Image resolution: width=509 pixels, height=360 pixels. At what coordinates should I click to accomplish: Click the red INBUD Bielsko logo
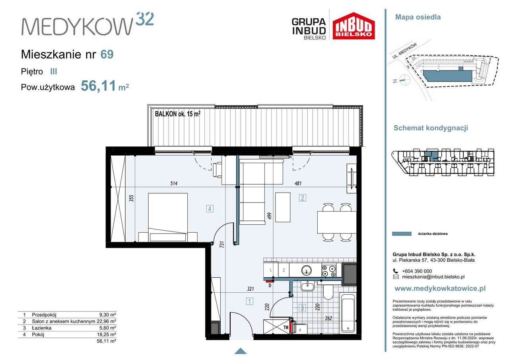(x=354, y=26)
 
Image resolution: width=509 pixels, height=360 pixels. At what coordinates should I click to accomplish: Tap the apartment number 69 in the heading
(x=107, y=54)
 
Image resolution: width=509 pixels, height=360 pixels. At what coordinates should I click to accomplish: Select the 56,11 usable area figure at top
(x=98, y=86)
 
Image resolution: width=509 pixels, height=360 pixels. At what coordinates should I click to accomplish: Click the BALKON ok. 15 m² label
(x=177, y=114)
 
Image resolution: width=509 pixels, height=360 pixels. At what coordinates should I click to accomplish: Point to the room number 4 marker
(x=210, y=208)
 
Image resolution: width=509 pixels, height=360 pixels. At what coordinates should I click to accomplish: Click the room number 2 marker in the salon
(x=303, y=198)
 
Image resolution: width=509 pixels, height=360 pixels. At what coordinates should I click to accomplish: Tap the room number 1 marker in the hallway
(x=249, y=302)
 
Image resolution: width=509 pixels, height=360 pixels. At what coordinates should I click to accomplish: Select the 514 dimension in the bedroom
(x=174, y=183)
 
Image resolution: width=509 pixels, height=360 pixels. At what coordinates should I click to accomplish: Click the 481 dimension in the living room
(x=298, y=183)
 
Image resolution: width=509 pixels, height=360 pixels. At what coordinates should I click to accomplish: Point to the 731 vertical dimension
(x=222, y=244)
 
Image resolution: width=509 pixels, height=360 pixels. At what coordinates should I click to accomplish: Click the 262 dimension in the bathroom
(x=328, y=318)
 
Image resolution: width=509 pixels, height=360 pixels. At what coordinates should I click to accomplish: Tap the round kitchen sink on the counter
(x=307, y=270)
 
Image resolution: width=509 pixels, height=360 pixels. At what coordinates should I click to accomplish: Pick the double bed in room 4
(x=168, y=218)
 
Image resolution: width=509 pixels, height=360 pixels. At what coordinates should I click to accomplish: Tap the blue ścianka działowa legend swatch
(x=402, y=234)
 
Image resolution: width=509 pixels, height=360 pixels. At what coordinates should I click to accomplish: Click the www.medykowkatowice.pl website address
(x=440, y=289)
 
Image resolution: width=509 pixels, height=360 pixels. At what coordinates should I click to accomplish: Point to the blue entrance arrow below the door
(x=241, y=351)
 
